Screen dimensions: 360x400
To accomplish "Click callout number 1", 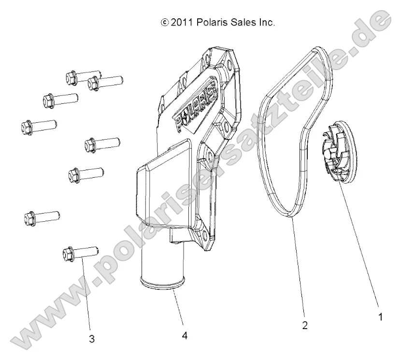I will (380, 317).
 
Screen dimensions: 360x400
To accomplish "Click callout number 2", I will (305, 325).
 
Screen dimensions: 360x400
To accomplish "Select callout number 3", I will (92, 339).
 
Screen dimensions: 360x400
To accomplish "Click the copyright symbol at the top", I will (165, 23).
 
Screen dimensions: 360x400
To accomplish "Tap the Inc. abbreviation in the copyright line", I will (266, 22).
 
